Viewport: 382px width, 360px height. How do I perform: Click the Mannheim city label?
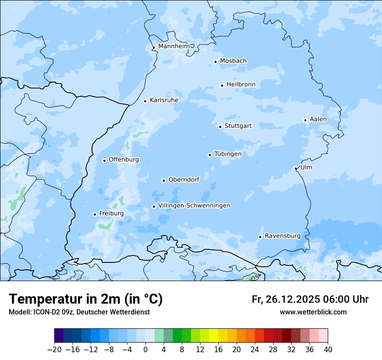pyautogui.click(x=174, y=46)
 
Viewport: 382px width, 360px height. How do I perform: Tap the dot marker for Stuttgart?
pyautogui.click(x=221, y=127)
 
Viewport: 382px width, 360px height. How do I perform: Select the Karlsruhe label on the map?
pyautogui.click(x=164, y=100)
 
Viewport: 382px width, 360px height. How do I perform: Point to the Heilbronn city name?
pyautogui.click(x=241, y=85)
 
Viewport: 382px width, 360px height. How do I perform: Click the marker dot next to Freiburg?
pyautogui.click(x=95, y=214)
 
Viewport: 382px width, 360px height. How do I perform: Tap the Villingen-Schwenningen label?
pyautogui.click(x=194, y=206)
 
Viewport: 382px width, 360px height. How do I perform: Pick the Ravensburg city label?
pyautogui.click(x=283, y=236)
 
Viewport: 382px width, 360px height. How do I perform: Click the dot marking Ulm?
pyautogui.click(x=296, y=168)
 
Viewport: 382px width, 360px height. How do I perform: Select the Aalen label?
pyautogui.click(x=318, y=119)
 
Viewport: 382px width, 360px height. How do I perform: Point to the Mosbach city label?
pyautogui.click(x=233, y=61)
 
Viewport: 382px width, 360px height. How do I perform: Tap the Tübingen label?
pyautogui.click(x=228, y=154)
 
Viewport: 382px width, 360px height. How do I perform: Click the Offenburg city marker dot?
pyautogui.click(x=104, y=160)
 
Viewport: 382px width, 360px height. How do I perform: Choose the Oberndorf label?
pyautogui.click(x=184, y=180)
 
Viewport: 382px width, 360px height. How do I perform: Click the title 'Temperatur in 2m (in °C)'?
pyautogui.click(x=86, y=299)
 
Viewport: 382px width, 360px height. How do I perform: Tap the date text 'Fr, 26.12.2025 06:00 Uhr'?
pyautogui.click(x=310, y=299)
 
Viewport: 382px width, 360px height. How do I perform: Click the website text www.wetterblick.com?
pyautogui.click(x=313, y=312)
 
